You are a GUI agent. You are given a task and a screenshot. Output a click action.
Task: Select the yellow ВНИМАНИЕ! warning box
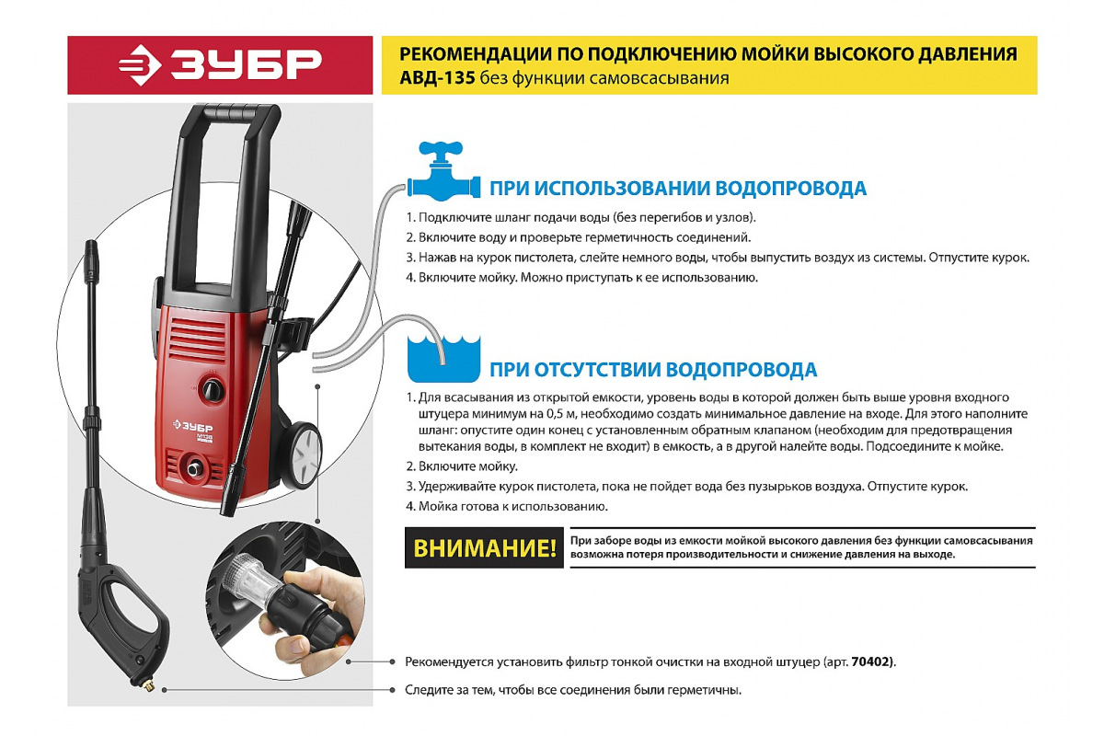click(x=484, y=549)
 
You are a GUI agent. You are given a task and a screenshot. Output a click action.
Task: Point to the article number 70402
click(x=873, y=662)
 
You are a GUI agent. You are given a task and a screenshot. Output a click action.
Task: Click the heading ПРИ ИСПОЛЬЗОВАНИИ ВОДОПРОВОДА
click(x=677, y=189)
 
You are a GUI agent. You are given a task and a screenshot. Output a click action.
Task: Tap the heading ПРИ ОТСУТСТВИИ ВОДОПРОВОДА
click(x=652, y=370)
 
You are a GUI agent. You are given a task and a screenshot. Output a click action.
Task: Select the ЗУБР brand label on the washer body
click(x=192, y=427)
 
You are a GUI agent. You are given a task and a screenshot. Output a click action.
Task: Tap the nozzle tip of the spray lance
click(x=91, y=249)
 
